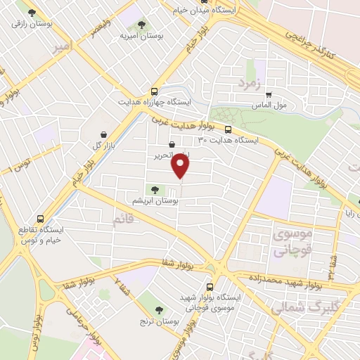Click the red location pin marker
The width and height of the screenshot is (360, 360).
(181, 166)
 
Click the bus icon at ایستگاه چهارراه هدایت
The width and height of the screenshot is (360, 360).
(154, 91)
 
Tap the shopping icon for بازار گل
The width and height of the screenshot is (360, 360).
(104, 134)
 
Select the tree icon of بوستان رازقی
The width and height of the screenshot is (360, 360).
(30, 12)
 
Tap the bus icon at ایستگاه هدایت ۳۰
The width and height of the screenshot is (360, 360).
(229, 129)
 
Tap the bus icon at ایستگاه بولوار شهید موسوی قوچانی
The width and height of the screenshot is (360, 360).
(211, 286)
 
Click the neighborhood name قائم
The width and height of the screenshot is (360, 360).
(122, 220)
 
